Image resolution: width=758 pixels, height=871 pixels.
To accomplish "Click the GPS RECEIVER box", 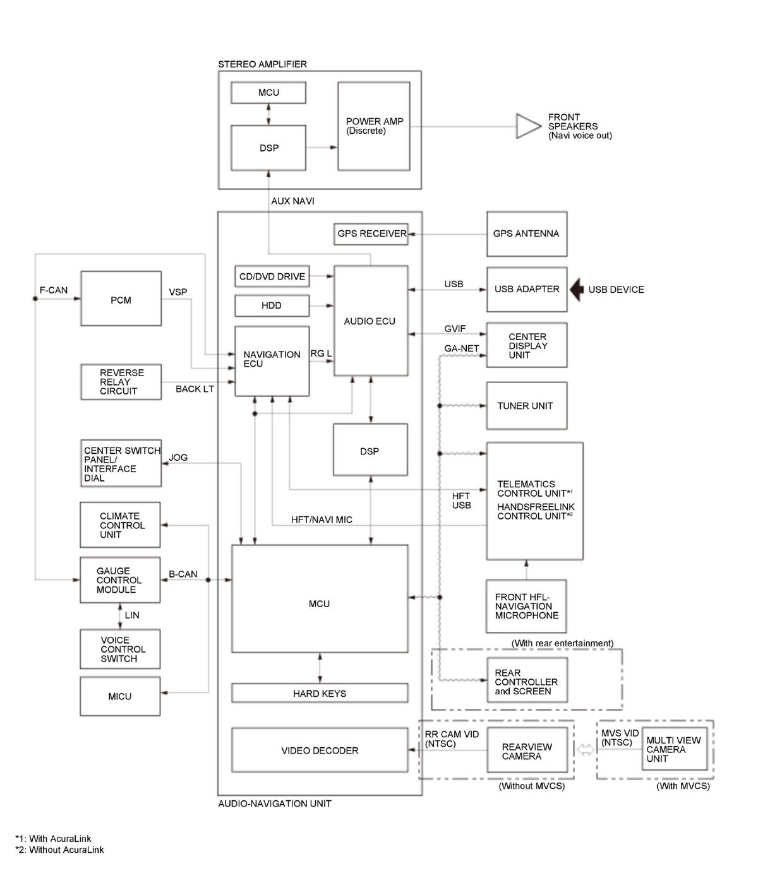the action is click(371, 234).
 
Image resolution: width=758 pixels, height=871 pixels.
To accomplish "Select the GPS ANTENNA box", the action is click(527, 234).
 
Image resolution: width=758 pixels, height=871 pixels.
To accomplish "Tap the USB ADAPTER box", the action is click(527, 290).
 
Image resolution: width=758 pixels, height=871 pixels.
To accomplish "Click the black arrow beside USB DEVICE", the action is click(577, 290).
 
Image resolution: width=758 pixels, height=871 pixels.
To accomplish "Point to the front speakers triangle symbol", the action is click(528, 126).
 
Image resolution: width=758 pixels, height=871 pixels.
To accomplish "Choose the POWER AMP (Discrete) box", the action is click(374, 126).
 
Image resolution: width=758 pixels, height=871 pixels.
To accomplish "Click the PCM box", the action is click(121, 299).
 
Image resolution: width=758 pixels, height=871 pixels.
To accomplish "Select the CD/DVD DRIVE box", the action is click(272, 276).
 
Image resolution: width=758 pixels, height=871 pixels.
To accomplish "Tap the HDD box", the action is click(272, 305).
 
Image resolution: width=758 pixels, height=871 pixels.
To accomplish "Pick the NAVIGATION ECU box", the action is click(272, 361).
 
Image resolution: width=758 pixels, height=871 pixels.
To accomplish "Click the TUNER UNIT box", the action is click(527, 405).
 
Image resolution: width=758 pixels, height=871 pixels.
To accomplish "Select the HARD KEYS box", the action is click(320, 693).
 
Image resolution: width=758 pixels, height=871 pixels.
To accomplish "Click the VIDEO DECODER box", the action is click(320, 750).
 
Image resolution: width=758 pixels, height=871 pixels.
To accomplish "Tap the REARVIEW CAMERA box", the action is click(527, 750).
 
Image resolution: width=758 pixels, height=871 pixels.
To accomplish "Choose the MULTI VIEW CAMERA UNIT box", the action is click(674, 749).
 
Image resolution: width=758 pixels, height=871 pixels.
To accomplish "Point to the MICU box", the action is click(120, 696).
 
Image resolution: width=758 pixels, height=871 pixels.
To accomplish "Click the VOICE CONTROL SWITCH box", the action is click(120, 649).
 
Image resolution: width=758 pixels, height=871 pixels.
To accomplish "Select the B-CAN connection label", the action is click(183, 574).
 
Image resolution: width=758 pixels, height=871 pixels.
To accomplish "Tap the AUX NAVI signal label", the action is click(292, 201).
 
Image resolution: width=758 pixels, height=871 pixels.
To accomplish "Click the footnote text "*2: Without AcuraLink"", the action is click(59, 850).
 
